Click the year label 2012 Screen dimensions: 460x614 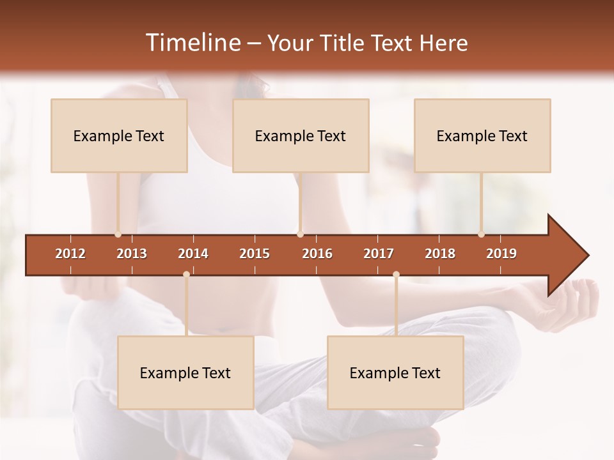click(70, 254)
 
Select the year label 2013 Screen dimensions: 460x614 click(132, 254)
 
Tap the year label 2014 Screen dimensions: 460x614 click(193, 254)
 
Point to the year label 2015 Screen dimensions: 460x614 click(255, 254)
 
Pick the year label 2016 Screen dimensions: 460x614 click(317, 254)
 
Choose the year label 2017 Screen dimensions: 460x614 click(379, 254)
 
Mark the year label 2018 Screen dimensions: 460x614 click(440, 254)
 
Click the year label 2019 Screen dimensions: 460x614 click(501, 254)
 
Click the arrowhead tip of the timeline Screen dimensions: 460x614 click(587, 256)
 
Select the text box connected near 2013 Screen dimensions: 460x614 click(119, 135)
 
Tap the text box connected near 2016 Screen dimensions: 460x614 click(301, 135)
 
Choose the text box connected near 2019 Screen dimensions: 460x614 click(482, 135)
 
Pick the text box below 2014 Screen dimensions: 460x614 click(185, 372)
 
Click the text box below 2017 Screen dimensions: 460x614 click(395, 372)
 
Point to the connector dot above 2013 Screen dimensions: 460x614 click(118, 234)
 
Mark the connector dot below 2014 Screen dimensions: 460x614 click(186, 275)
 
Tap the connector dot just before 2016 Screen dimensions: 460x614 click(301, 234)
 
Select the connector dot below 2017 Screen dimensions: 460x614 click(396, 275)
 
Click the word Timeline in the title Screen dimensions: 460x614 click(192, 43)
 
